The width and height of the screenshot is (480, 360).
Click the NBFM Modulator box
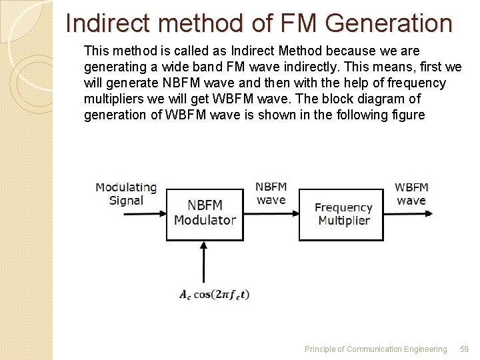click(205, 214)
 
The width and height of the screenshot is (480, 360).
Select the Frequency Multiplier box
click(341, 214)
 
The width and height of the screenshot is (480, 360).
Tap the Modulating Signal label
click(126, 194)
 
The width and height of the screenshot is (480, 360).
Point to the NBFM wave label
click(271, 193)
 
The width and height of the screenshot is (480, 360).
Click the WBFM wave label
click(411, 194)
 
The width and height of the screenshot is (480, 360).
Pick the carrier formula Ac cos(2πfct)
click(214, 294)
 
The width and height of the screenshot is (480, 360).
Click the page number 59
click(465, 349)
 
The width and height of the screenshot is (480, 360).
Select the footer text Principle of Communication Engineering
click(375, 349)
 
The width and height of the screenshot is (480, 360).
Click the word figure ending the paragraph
click(408, 115)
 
